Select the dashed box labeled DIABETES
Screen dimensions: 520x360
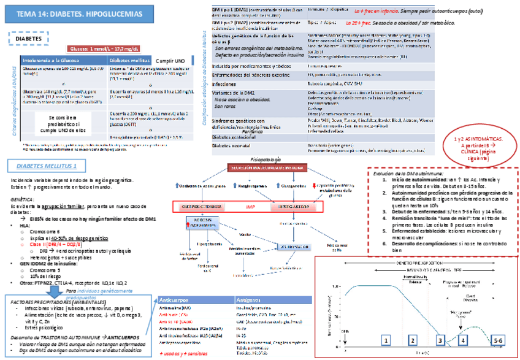coord(29,38)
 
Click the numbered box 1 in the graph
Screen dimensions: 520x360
coord(386,339)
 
